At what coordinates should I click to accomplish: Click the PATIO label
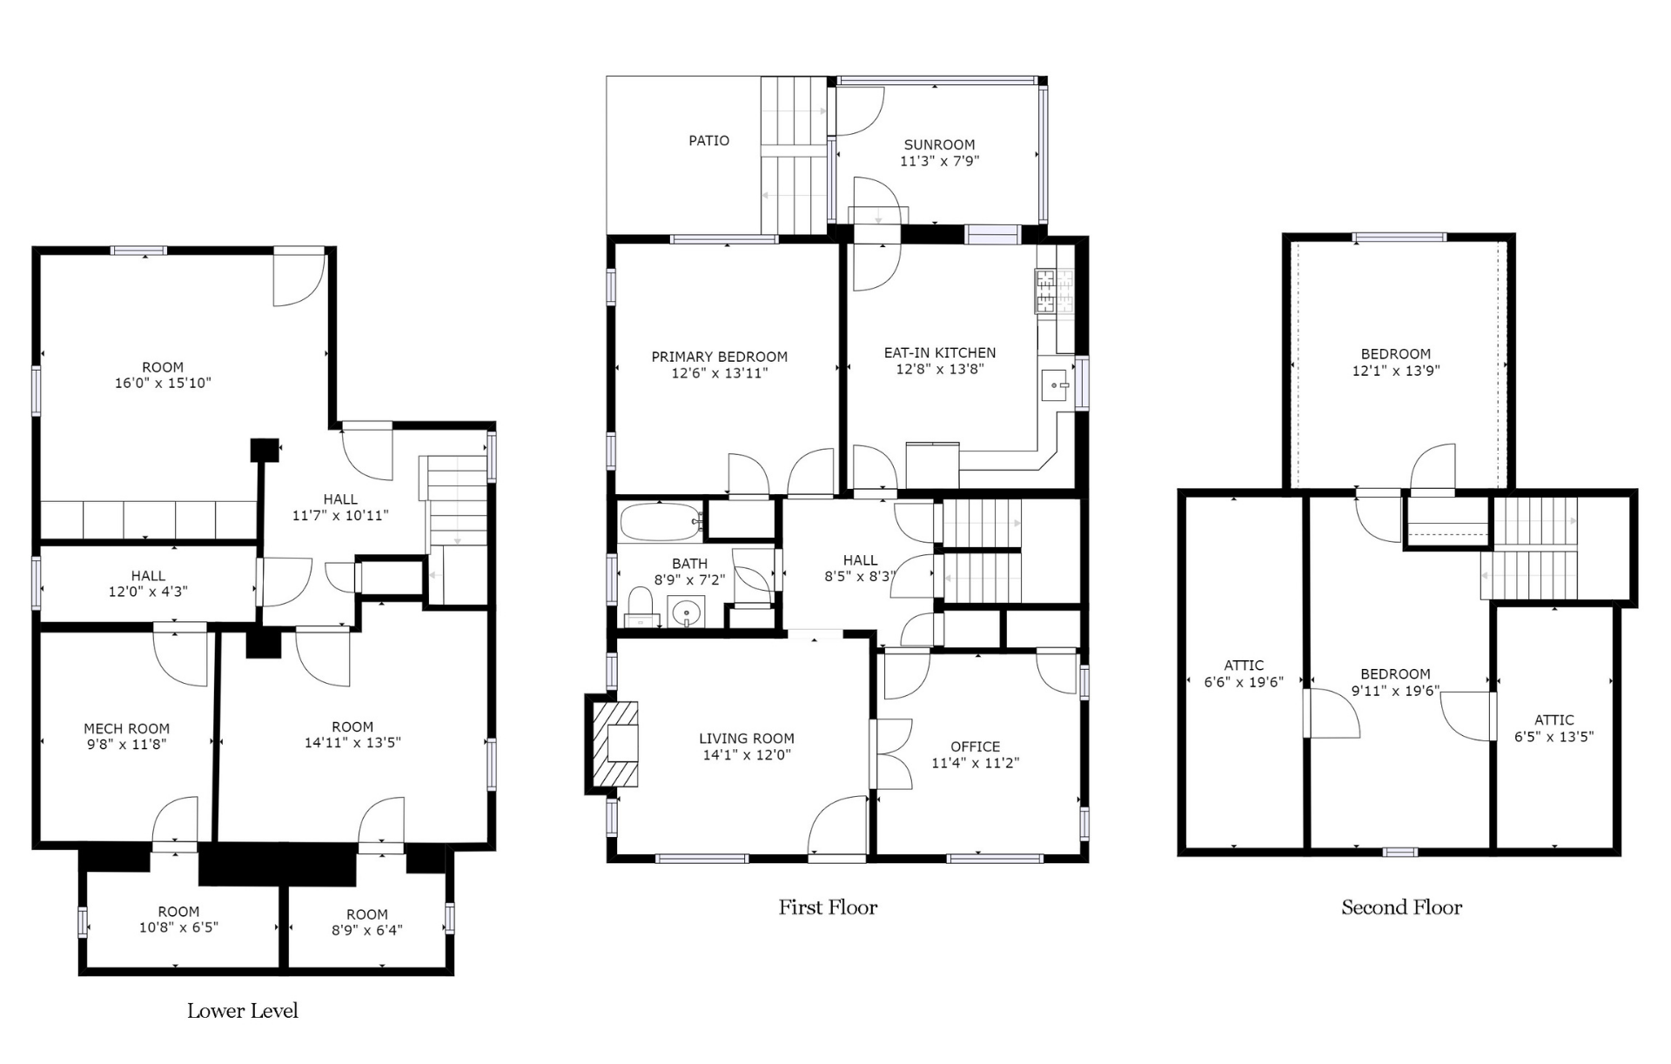tap(708, 140)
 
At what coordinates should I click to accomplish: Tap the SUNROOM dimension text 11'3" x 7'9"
tap(939, 161)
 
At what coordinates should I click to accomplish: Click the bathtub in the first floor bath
tap(661, 521)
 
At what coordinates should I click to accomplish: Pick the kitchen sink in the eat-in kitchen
tap(1056, 385)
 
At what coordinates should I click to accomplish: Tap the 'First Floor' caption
tap(828, 907)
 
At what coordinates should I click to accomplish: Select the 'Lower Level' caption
tap(243, 1011)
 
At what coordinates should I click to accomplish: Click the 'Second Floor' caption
tap(1401, 907)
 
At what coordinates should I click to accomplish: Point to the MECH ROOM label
tap(126, 728)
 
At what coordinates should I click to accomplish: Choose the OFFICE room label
tap(975, 746)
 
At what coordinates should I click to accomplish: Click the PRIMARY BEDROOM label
tap(719, 357)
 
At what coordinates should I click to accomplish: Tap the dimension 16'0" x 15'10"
tap(163, 383)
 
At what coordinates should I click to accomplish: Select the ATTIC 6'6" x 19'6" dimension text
tap(1244, 682)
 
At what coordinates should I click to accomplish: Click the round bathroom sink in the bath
tap(687, 612)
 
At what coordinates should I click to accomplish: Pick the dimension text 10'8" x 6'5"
tap(178, 927)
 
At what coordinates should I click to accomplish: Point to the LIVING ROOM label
tap(747, 739)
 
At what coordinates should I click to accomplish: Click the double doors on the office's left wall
tap(891, 754)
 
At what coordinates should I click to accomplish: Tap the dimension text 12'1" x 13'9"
tap(1396, 371)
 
